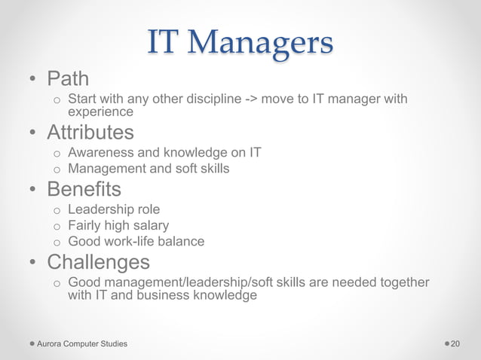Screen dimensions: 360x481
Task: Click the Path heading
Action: click(x=68, y=78)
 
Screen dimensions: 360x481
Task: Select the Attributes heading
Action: click(x=90, y=133)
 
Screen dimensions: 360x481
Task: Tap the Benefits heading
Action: click(x=84, y=188)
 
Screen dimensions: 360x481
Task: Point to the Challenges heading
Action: click(x=98, y=262)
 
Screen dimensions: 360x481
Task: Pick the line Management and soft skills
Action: click(x=149, y=169)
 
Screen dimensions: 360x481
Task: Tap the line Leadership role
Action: click(x=114, y=209)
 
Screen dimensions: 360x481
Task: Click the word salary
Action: click(x=150, y=225)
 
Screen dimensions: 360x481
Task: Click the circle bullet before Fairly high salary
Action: click(x=56, y=226)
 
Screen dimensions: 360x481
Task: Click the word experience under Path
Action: click(x=100, y=112)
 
